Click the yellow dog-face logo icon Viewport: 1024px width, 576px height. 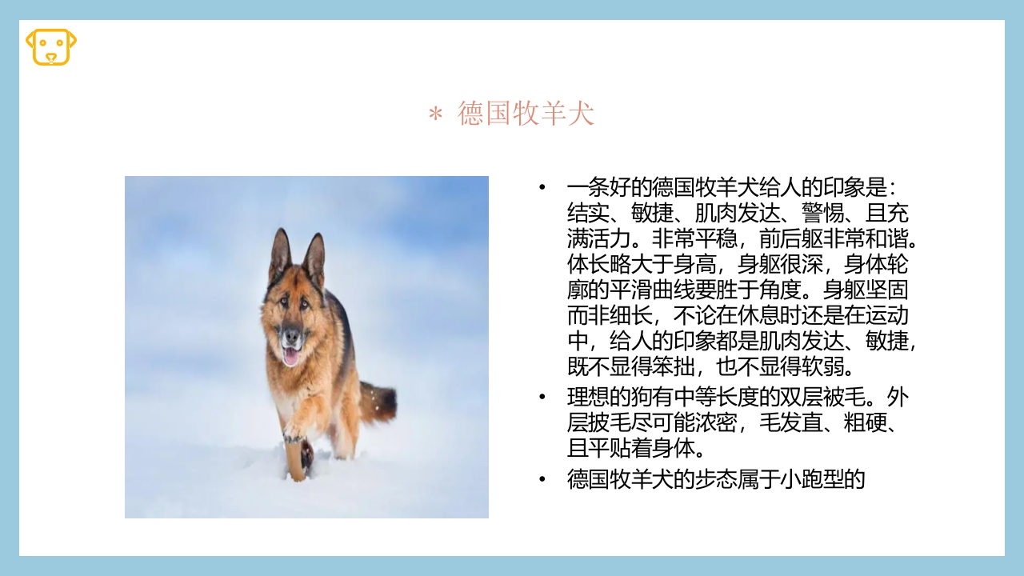click(x=51, y=46)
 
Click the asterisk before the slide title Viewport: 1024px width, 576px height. click(x=435, y=115)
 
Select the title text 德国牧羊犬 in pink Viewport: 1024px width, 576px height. click(x=526, y=114)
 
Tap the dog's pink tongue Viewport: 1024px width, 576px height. click(x=290, y=354)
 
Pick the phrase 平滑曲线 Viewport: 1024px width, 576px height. click(x=653, y=290)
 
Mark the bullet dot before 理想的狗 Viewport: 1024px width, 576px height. click(x=542, y=397)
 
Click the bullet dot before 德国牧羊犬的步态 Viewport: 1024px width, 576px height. click(x=542, y=479)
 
